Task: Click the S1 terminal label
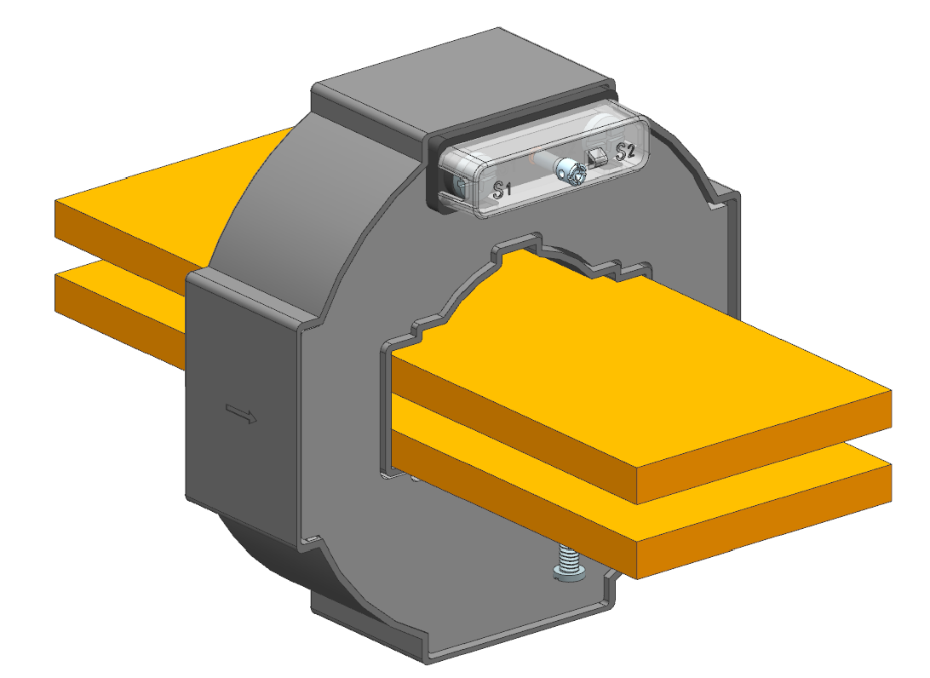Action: point(502,190)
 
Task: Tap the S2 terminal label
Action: point(625,152)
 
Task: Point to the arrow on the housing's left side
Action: point(241,413)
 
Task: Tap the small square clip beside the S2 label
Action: point(597,158)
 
